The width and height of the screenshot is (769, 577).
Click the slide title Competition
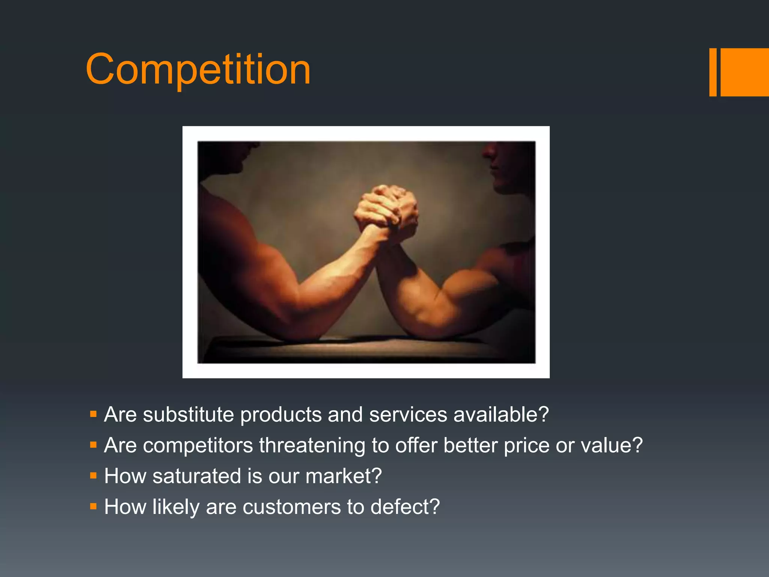point(198,69)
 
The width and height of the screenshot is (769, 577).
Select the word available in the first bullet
point(501,415)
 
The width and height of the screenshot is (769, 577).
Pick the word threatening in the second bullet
point(312,446)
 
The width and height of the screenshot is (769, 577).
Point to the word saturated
point(197,476)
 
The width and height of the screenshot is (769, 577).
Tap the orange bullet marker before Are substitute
point(93,415)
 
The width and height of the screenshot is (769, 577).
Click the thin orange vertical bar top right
point(713,72)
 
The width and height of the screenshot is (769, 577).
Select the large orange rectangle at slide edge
point(745,72)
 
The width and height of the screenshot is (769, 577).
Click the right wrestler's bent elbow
point(432,323)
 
